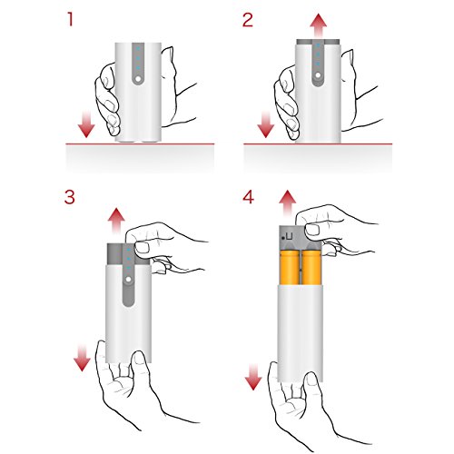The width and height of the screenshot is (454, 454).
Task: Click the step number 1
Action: pos(71,20)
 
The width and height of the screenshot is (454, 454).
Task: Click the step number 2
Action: pos(248,20)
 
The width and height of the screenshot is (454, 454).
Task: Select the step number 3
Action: pos(70,197)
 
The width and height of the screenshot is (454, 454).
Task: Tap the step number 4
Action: pos(248,197)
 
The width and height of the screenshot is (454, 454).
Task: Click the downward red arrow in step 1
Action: pos(86,124)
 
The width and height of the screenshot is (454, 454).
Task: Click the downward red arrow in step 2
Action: pos(265,124)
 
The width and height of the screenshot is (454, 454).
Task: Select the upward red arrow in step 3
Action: pos(116,222)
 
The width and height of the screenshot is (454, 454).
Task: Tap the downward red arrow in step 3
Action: pos(82,359)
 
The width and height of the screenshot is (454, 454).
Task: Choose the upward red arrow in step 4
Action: pos(287,203)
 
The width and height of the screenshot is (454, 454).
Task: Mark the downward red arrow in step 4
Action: pos(253,377)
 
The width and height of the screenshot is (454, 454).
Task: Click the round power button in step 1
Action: pos(138,79)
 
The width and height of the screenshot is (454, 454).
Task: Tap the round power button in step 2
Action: pos(318,74)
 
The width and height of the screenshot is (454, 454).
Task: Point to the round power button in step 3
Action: pos(128,280)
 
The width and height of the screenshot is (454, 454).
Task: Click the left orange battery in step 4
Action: pos(290,267)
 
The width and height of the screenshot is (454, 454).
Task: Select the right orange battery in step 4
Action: pos(311,267)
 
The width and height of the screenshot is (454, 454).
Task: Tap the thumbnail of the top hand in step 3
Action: pos(143,248)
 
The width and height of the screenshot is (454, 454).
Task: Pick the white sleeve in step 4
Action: pos(300,333)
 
